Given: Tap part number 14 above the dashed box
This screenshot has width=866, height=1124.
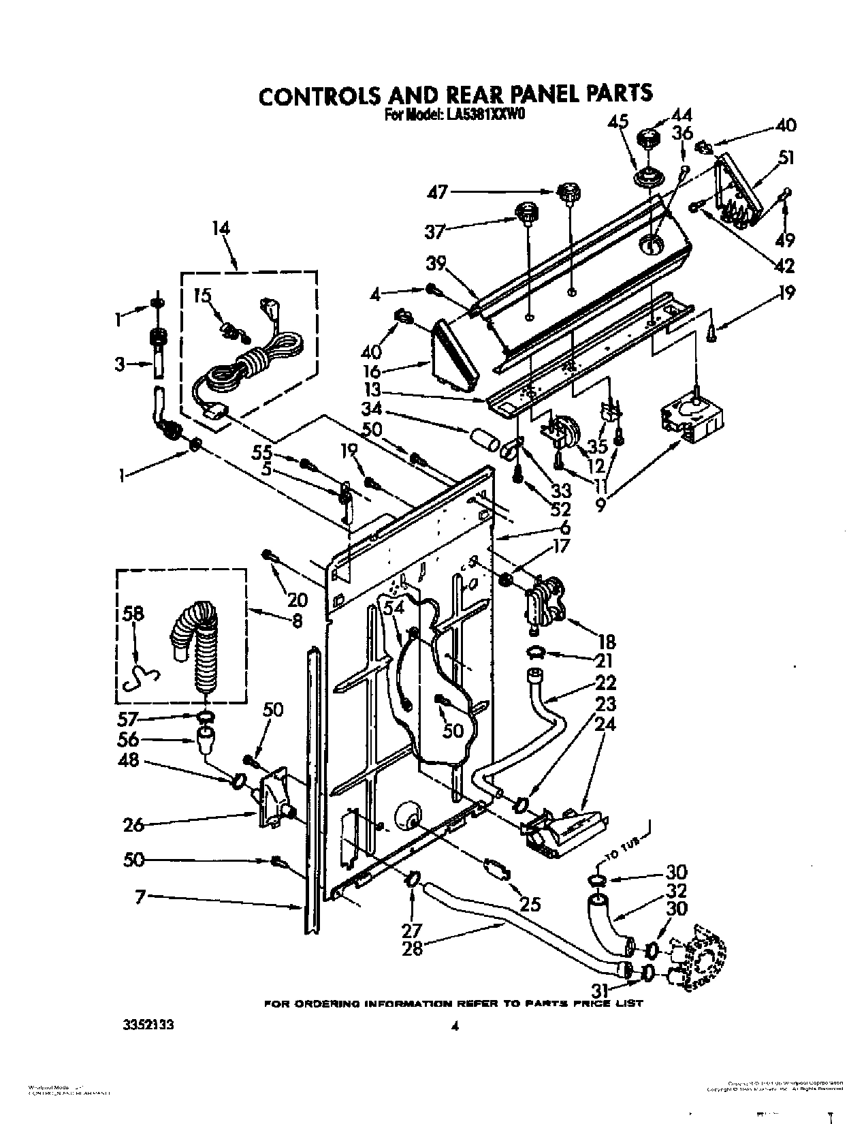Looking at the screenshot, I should pos(220,229).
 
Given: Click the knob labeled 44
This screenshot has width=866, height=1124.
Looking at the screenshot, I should pos(645,142).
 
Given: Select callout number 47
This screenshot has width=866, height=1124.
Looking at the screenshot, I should pos(438,192).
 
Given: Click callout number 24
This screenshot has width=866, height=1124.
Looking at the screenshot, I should pos(606,724).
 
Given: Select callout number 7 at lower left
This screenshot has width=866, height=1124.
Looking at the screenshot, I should pos(140,897).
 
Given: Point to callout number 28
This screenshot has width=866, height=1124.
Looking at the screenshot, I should pos(413,948).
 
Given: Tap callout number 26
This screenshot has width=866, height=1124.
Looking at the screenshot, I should pos(133,825).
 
